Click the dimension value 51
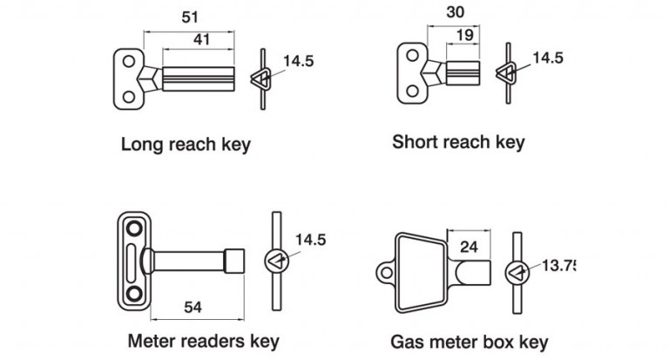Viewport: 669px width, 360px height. tap(189, 17)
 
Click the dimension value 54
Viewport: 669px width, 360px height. tap(193, 306)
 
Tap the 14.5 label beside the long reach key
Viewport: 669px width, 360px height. tap(298, 62)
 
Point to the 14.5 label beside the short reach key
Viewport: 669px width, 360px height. tap(548, 58)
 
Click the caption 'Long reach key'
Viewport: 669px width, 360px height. tap(186, 145)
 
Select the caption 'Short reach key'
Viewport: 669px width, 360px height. tap(458, 141)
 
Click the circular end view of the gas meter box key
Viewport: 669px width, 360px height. tap(517, 272)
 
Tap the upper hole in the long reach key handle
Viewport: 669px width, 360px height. tap(129, 62)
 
